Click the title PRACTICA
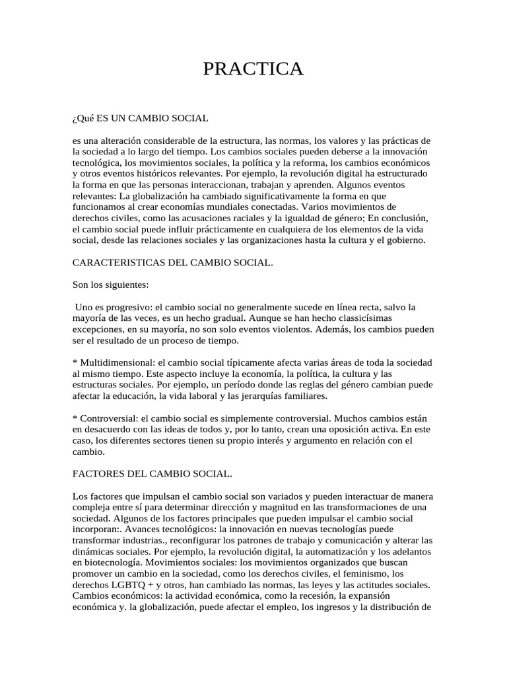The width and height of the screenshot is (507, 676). point(253,69)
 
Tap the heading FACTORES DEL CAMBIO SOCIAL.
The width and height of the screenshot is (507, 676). point(152,473)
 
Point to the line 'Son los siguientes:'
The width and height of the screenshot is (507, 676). point(111,285)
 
